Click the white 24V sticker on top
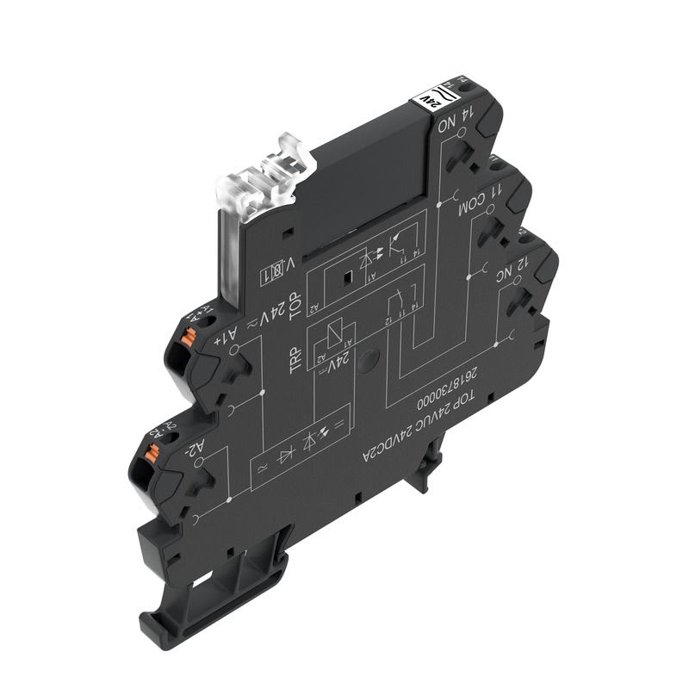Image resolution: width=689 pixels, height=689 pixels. pos(429,99)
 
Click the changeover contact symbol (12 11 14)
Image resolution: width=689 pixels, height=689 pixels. pos(399,307)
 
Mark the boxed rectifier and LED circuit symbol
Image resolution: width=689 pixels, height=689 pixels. pos(302,444)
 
